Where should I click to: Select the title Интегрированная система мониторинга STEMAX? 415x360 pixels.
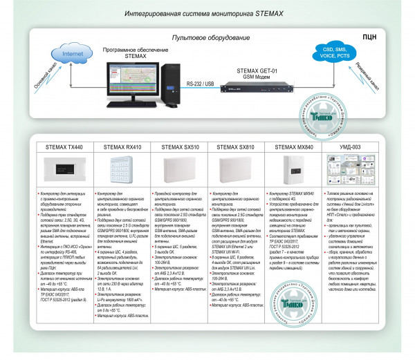207,13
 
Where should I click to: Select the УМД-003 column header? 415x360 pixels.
349,147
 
